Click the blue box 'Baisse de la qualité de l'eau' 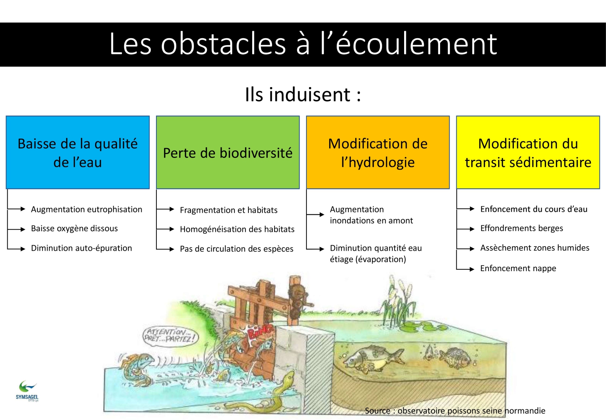[78, 152]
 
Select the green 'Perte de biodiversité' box [228, 152]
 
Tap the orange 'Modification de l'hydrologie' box [378, 152]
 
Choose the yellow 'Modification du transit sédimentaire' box [528, 152]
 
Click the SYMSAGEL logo [27, 391]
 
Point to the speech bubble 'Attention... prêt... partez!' [170, 336]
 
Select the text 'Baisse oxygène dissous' [74, 228]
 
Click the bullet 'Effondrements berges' [522, 228]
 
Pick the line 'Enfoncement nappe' [518, 268]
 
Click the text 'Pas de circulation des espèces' [236, 249]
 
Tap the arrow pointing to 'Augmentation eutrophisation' [16, 209]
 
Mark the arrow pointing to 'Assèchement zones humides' [465, 248]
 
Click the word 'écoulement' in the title [416, 44]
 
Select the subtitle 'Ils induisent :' [303, 94]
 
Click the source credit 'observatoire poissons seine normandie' [471, 411]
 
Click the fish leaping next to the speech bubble [137, 368]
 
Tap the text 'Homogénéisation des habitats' [237, 230]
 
